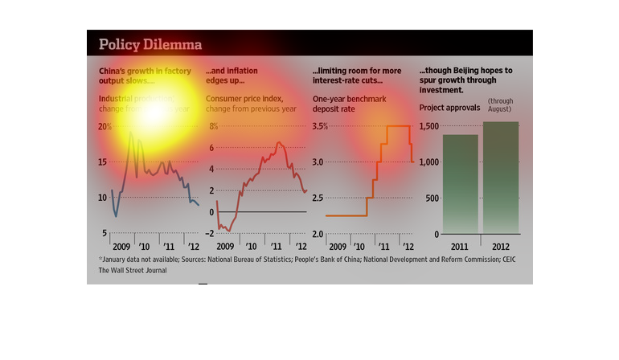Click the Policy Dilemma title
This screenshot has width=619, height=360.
150,43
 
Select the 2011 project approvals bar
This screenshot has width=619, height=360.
460,183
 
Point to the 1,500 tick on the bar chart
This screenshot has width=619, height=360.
429,126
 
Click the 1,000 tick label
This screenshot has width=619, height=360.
429,162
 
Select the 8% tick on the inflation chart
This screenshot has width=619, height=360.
214,126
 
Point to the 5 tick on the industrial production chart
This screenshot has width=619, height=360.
103,234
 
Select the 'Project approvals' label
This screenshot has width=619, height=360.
449,107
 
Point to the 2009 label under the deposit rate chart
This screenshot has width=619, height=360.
337,247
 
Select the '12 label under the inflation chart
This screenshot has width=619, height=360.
301,247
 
